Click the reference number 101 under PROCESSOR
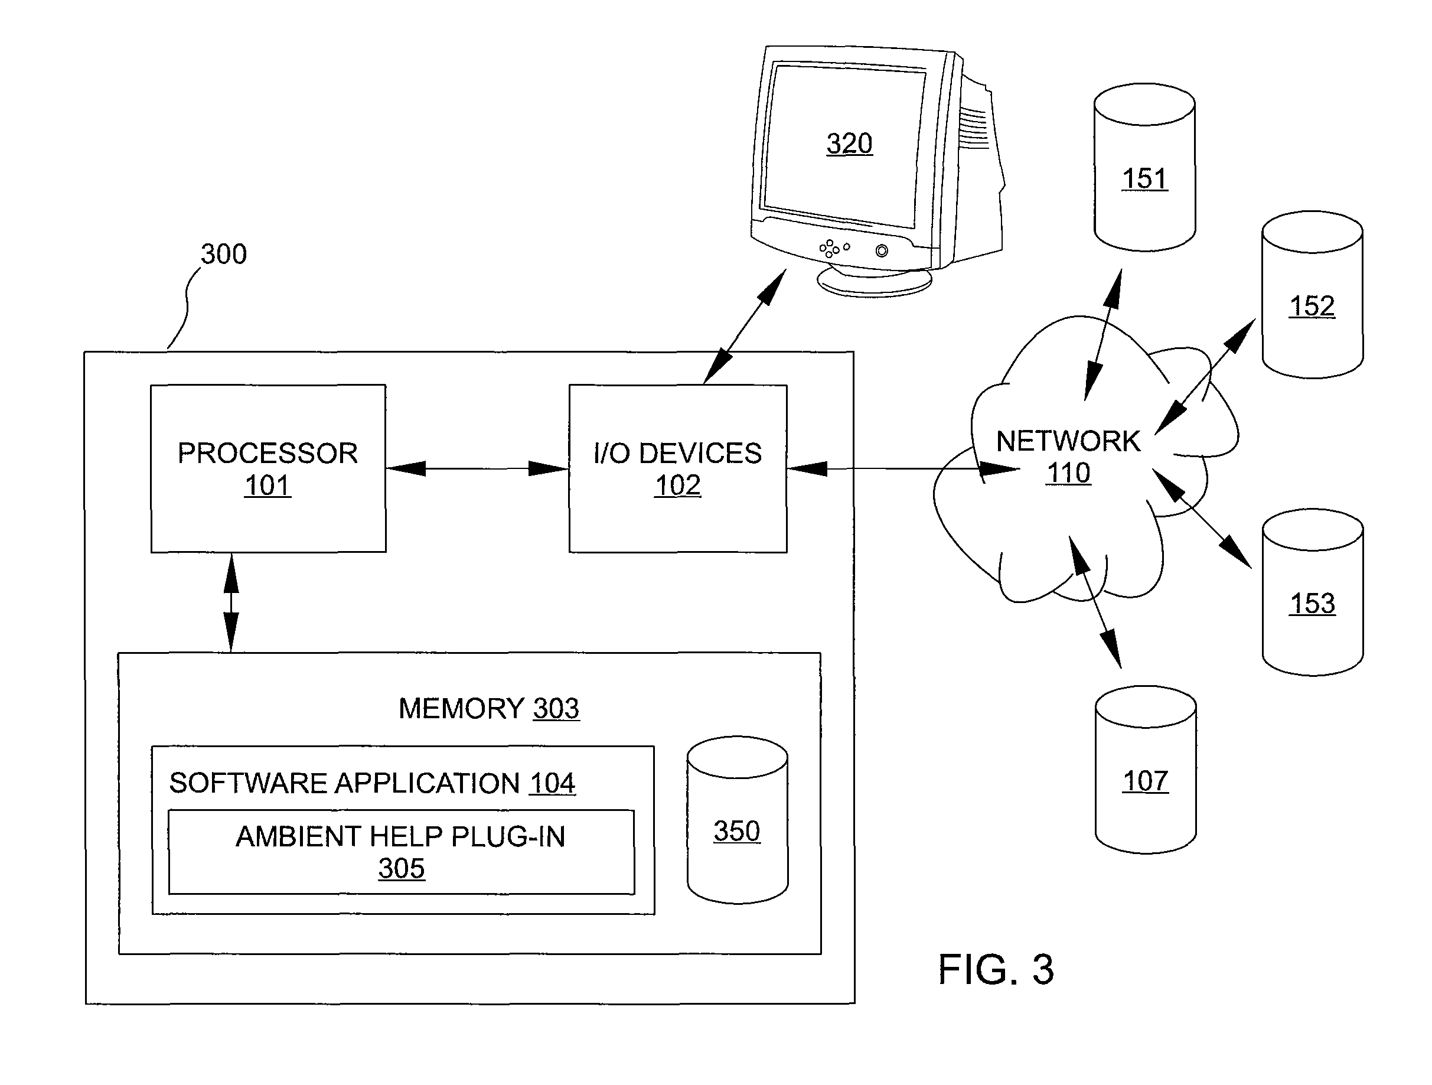268,486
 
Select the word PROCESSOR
268,453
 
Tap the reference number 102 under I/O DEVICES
678,486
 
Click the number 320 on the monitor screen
849,143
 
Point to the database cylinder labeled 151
1144,167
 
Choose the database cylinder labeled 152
1312,295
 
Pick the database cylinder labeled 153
1312,592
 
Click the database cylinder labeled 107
1145,770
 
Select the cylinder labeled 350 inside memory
738,820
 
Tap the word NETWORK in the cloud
1068,442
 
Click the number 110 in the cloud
1069,473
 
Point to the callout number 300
223,254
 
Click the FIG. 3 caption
996,970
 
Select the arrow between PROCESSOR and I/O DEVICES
477,468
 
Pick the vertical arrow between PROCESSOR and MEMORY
231,602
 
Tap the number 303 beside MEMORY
556,708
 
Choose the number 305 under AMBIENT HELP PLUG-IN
402,869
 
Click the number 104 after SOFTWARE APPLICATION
552,783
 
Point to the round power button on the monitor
882,250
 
